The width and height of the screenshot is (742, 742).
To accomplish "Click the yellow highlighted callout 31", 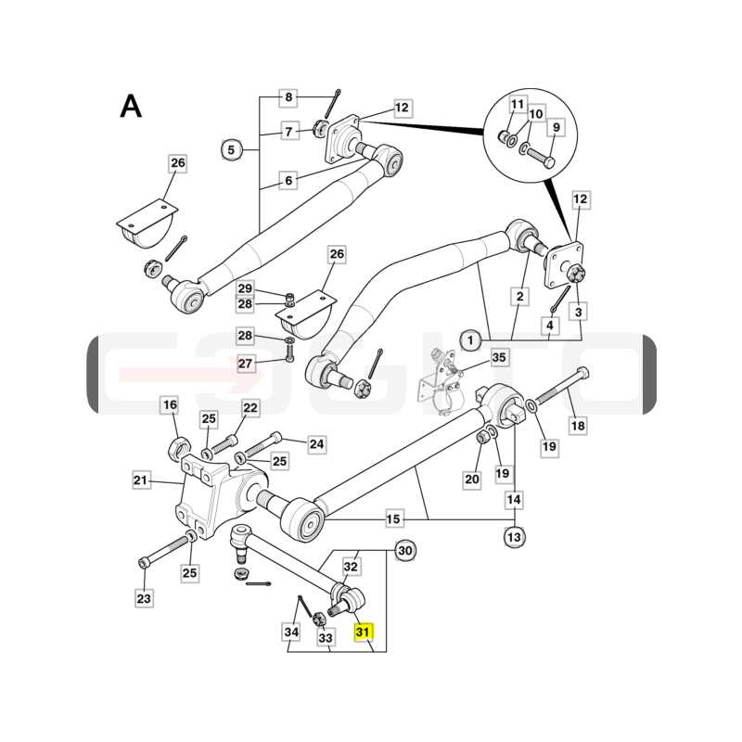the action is click(364, 632).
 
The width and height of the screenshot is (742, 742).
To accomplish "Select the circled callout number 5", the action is click(231, 150).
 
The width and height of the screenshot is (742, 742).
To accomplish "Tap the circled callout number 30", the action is click(405, 550).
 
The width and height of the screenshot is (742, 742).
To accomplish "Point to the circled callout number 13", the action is click(514, 537).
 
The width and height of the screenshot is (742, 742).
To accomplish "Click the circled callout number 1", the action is click(470, 340).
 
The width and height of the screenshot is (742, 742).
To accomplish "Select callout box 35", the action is click(499, 357).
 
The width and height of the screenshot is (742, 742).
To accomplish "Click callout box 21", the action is click(141, 480).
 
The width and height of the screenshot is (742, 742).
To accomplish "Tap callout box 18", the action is click(578, 426).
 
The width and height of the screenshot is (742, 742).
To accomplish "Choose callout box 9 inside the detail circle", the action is click(556, 127).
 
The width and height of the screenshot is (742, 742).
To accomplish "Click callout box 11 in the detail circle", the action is click(518, 104).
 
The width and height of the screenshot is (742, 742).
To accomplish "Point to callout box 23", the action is click(144, 598).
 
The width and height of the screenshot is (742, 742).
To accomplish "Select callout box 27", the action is click(245, 364).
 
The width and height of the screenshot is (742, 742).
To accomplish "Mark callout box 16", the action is click(170, 404).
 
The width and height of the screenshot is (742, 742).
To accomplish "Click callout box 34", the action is click(291, 632).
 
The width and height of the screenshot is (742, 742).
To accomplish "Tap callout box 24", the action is click(316, 444).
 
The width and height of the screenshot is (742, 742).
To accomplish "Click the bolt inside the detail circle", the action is click(541, 157).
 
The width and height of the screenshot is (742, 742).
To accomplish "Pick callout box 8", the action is click(288, 97).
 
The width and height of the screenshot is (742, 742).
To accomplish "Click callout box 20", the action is click(472, 480).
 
